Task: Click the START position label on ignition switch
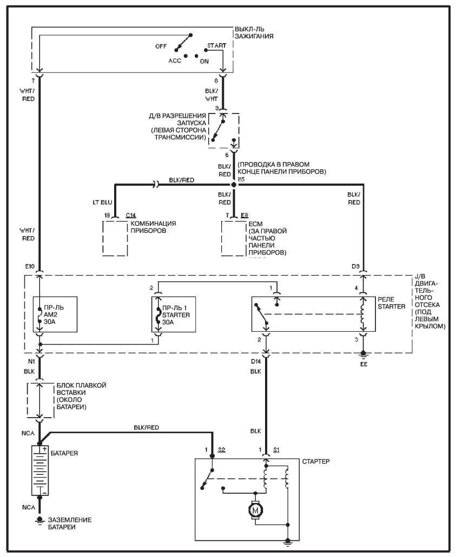(x=216, y=45)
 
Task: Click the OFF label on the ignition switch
(x=161, y=46)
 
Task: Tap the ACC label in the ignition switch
(x=174, y=61)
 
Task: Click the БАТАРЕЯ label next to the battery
(x=63, y=452)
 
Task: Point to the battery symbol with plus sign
(x=40, y=470)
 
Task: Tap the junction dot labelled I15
(x=234, y=185)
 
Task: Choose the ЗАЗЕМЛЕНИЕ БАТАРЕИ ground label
(x=70, y=523)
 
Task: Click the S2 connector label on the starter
(x=222, y=449)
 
